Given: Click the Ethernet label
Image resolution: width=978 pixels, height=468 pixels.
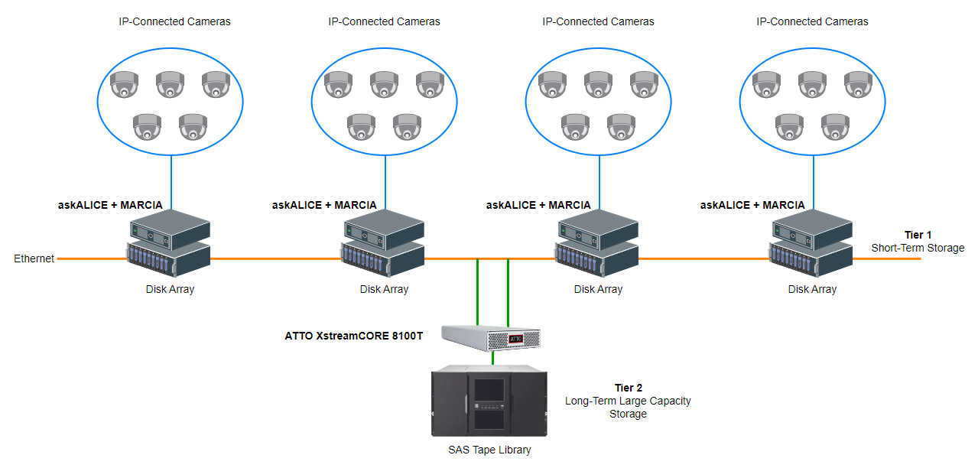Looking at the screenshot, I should (x=34, y=258).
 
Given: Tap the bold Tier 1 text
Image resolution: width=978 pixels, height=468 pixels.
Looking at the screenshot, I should (x=918, y=235).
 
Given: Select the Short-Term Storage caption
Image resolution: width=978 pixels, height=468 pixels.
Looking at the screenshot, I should (x=918, y=248).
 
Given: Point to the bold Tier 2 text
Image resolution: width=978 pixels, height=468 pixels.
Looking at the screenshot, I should (x=628, y=388).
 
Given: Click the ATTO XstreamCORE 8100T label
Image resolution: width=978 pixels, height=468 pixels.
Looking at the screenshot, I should (x=354, y=335).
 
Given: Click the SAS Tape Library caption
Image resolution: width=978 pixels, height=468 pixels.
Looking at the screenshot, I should (x=489, y=450).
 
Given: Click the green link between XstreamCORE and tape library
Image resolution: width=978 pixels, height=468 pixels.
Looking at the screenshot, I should (x=492, y=357).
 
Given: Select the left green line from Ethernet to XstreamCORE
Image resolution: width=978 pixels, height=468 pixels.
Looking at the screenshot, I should (x=477, y=291).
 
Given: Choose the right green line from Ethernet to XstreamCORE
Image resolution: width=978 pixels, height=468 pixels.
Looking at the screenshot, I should (x=508, y=291).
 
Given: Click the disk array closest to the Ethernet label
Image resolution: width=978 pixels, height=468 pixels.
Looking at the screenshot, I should (x=168, y=260).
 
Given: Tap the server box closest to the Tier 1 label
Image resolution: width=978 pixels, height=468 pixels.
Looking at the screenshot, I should (x=811, y=227).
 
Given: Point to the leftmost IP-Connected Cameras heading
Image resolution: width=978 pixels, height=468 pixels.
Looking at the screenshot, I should (x=174, y=21).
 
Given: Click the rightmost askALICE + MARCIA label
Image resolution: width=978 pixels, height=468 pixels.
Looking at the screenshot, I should (x=752, y=205).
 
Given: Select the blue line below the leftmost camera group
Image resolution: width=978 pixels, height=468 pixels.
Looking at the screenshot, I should (x=171, y=182).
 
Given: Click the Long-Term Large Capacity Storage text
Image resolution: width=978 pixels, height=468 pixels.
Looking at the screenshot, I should (x=628, y=407).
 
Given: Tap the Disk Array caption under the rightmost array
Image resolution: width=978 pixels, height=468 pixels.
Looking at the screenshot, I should (x=812, y=289).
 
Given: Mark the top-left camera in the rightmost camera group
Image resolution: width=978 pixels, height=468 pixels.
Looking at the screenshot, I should (x=766, y=84).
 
